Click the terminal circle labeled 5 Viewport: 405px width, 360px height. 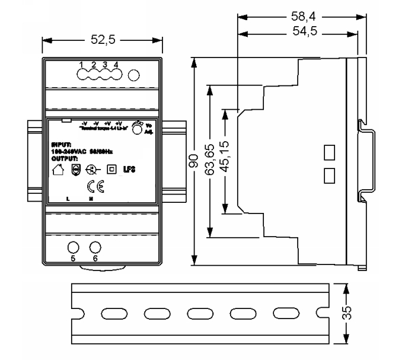point(73,249)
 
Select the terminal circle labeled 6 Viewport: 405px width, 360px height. point(95,249)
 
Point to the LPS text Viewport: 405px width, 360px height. point(129,170)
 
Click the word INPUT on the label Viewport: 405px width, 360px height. point(61,144)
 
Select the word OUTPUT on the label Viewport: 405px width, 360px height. point(63,159)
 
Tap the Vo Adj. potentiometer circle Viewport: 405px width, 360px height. point(137,129)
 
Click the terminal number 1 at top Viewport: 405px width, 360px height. point(82,64)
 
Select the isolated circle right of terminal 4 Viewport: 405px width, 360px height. point(134,75)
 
